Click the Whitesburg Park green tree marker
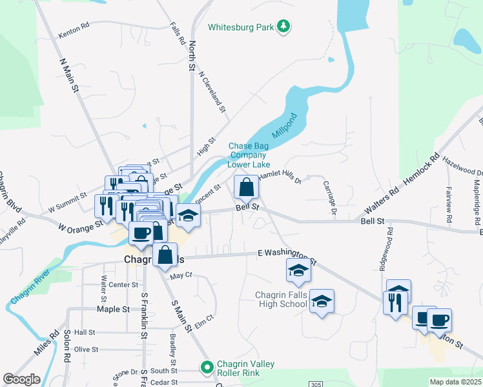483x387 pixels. (283, 26)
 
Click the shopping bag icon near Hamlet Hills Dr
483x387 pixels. (246, 188)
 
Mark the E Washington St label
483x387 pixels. (287, 257)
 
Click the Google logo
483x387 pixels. (21, 379)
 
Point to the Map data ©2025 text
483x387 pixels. (455, 382)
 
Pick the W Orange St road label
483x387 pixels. (81, 227)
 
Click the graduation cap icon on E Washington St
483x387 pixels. (298, 271)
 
